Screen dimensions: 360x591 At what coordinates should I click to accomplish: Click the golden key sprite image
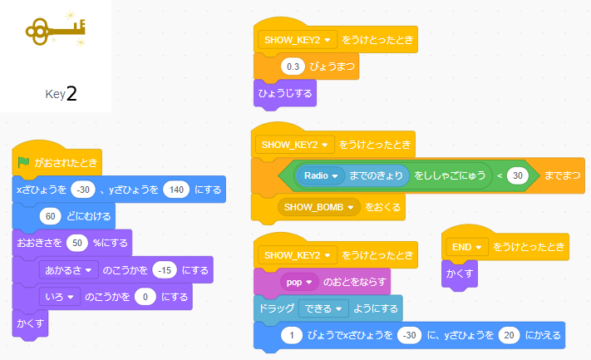(55, 30)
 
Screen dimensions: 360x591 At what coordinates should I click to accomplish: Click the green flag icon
(23, 162)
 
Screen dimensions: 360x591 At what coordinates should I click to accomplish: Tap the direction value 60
(52, 216)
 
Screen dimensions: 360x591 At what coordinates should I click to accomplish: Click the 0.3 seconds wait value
(293, 66)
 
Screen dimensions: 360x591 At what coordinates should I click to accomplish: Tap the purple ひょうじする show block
(284, 92)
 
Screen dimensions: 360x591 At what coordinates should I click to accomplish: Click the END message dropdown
(465, 247)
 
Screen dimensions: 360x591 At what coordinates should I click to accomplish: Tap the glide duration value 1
(292, 335)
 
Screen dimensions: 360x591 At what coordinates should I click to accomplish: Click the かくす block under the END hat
(460, 274)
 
